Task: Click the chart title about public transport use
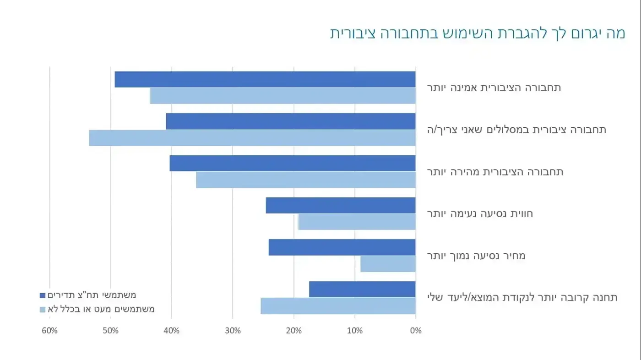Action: (x=477, y=33)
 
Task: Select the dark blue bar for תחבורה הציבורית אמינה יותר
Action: (x=265, y=79)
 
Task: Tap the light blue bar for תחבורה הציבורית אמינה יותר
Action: (x=282, y=96)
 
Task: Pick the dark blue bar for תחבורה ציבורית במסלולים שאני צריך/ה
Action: (x=290, y=121)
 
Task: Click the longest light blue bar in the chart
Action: (x=252, y=138)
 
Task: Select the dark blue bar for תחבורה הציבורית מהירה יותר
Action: (x=292, y=164)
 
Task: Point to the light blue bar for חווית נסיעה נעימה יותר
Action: (x=357, y=222)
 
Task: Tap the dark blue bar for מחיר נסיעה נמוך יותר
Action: (x=342, y=247)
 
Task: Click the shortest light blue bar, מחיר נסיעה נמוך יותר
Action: (x=388, y=264)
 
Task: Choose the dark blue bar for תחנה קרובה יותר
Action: (x=362, y=289)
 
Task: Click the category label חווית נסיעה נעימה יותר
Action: (x=480, y=214)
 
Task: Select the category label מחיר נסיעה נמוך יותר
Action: (x=476, y=256)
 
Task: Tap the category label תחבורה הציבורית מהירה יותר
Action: (x=495, y=172)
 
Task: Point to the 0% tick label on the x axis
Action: (x=415, y=331)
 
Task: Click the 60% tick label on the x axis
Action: (x=49, y=331)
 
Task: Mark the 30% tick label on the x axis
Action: (x=232, y=331)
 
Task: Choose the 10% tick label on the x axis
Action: (x=354, y=331)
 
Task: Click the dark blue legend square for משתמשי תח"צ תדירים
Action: (x=43, y=295)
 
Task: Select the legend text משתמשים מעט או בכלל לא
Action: (x=101, y=309)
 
